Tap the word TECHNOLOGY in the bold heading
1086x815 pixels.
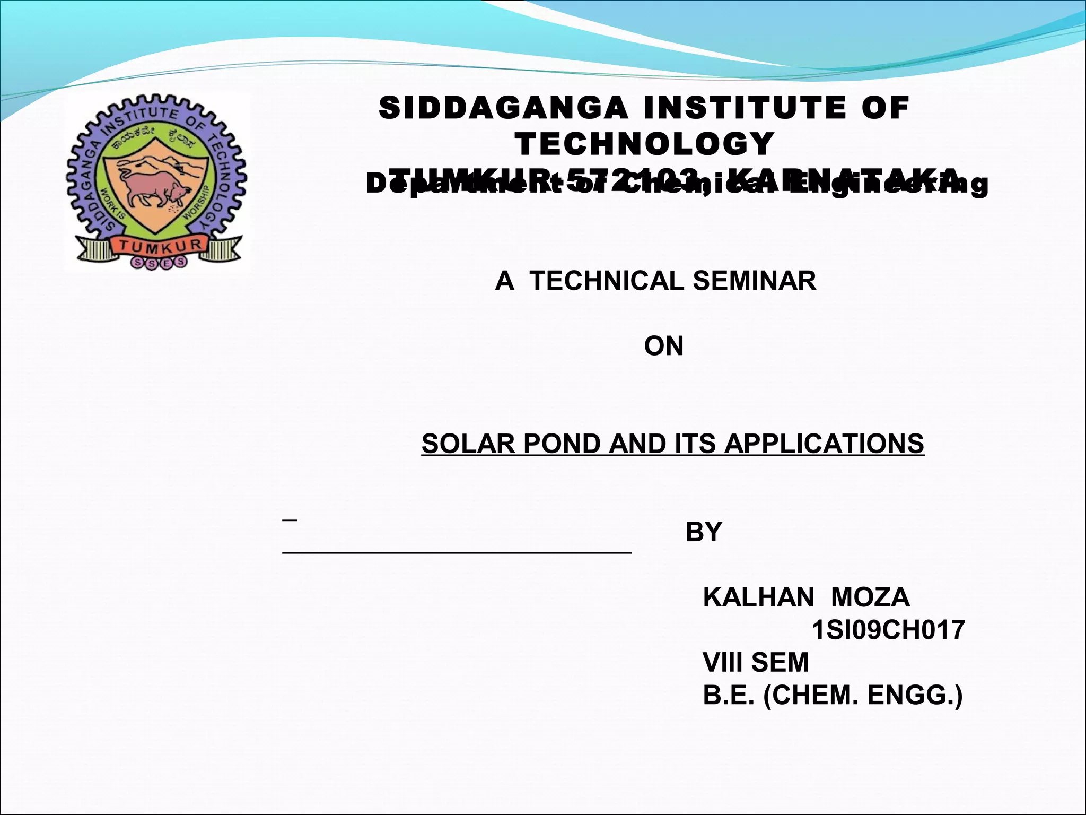[x=645, y=144]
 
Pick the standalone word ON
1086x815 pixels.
[x=663, y=346]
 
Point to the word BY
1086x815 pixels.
[x=704, y=532]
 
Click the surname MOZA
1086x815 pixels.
[x=870, y=598]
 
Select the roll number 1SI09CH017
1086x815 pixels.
[x=888, y=630]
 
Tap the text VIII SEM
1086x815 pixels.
[x=756, y=663]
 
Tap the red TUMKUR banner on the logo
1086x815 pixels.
[x=157, y=245]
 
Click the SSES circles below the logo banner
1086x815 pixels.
[x=159, y=262]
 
